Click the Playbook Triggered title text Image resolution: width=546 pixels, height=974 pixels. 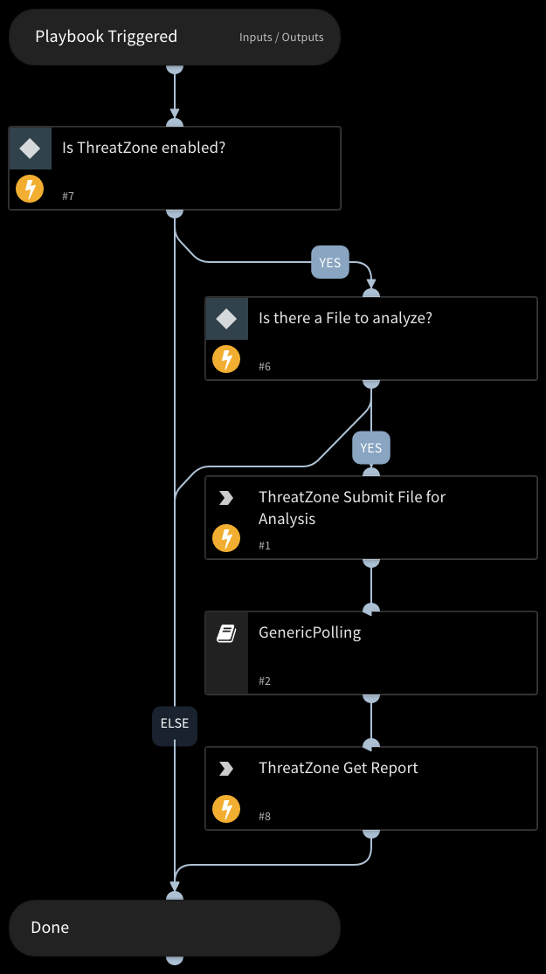[x=106, y=37]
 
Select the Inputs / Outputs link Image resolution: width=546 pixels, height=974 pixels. [x=281, y=38]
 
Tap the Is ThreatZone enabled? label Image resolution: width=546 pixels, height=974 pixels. [x=143, y=148]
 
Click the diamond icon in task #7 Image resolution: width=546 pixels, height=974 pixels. [x=31, y=149]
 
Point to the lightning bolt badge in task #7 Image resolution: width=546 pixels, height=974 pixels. [x=31, y=188]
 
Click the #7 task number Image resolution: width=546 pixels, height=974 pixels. [x=68, y=197]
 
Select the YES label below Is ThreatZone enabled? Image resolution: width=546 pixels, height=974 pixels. [x=329, y=262]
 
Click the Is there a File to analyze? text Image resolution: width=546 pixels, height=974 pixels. [x=345, y=318]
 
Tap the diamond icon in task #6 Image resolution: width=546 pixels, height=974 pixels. [x=227, y=319]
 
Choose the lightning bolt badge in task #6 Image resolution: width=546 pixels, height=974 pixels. [x=227, y=358]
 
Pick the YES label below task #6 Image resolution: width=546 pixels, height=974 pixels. [x=371, y=448]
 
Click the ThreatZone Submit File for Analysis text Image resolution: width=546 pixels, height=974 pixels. [x=352, y=508]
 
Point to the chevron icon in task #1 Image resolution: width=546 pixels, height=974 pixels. [x=226, y=498]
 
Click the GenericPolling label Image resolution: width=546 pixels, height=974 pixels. [x=309, y=632]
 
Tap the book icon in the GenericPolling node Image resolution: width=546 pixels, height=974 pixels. [x=226, y=633]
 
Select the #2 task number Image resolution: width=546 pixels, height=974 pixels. [x=265, y=680]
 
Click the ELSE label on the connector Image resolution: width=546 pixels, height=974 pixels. [x=175, y=723]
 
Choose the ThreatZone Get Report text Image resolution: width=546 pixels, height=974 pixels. [x=338, y=768]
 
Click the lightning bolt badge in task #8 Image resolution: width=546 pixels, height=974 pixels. [x=227, y=808]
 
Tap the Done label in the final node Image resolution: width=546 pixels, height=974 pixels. [x=50, y=928]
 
